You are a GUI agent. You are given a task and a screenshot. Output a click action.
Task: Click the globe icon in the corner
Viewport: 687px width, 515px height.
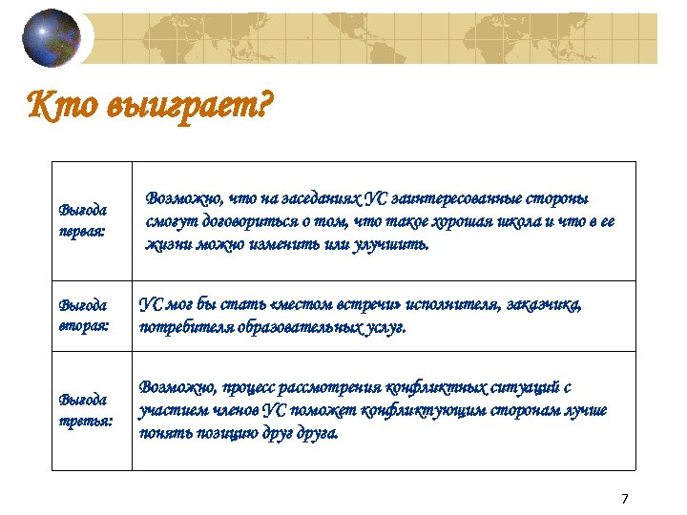(53, 37)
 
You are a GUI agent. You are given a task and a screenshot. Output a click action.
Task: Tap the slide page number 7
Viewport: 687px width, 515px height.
(625, 499)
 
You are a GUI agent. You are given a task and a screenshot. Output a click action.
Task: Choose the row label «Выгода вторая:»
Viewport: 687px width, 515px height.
(84, 316)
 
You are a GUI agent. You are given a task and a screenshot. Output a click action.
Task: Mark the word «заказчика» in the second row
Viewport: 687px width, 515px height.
(537, 305)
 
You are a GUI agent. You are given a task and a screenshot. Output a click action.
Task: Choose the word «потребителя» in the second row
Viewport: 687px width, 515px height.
(185, 327)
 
